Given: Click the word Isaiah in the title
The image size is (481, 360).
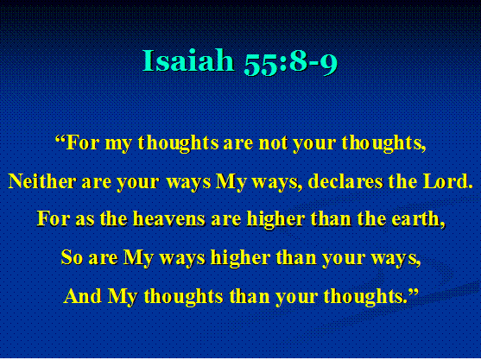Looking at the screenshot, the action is coord(188,60).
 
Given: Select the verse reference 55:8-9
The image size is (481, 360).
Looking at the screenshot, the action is coord(290,63).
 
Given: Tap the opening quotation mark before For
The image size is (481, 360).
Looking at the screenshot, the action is coord(60,138).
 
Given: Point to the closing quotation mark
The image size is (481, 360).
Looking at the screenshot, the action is coord(413,291).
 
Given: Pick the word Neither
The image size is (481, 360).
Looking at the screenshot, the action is coord(42,181).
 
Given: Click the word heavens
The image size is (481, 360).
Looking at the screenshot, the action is coord(168,219).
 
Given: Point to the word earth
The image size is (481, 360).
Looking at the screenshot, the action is coord(419,219).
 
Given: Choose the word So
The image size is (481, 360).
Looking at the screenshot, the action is coord(72,257).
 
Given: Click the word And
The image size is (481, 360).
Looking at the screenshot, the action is coord(83,296).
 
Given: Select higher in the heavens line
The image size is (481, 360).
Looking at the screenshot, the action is coord(276,220).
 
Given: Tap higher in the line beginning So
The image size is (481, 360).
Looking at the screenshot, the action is coord(240,258).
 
